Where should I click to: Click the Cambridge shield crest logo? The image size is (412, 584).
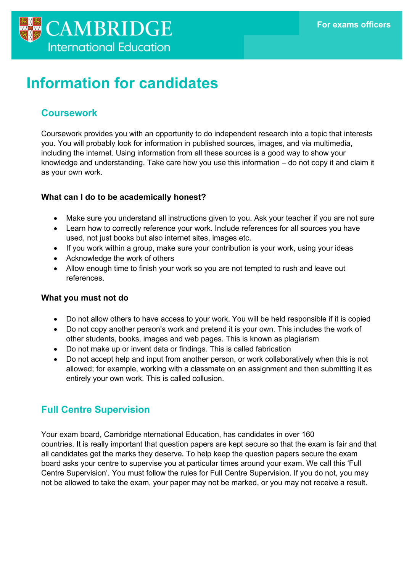[30, 29]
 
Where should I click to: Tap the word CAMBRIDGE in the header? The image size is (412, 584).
[109, 29]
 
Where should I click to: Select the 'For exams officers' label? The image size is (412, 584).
[354, 25]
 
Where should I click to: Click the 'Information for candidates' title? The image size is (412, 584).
[122, 83]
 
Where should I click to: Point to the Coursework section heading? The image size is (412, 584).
[69, 113]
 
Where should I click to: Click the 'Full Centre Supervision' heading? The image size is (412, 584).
[95, 409]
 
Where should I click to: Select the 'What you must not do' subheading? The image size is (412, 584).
[85, 298]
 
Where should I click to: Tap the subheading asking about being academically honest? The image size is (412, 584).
[123, 197]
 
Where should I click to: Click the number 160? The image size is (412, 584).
[308, 434]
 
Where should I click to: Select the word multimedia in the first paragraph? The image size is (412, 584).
[333, 143]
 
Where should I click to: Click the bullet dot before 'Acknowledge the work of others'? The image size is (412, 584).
[56, 259]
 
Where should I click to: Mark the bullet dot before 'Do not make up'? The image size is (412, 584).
[56, 349]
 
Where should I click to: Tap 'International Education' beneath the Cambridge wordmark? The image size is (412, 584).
[109, 47]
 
